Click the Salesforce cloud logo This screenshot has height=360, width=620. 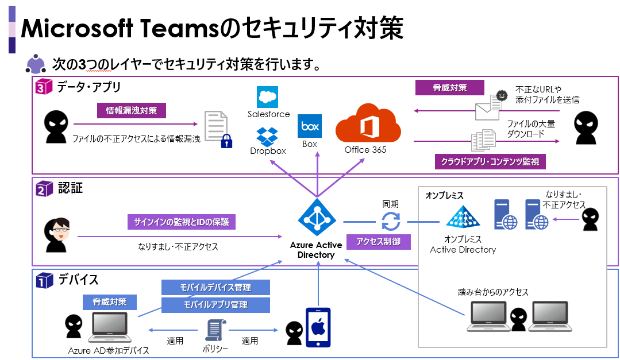pos(268,97)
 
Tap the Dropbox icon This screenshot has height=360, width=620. pos(267,137)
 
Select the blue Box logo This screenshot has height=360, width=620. pos(310,126)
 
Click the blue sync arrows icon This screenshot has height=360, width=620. pos(391,221)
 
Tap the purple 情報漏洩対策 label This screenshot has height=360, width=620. pos(132,110)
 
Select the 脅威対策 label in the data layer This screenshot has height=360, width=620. pos(450,88)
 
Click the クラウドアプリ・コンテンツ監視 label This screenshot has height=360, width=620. pos(490,161)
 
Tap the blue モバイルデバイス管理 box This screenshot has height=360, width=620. pos(215,287)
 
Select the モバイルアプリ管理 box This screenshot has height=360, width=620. pos(215,305)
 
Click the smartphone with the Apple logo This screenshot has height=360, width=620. pos(318,327)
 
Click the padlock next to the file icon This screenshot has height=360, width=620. pos(227,141)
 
